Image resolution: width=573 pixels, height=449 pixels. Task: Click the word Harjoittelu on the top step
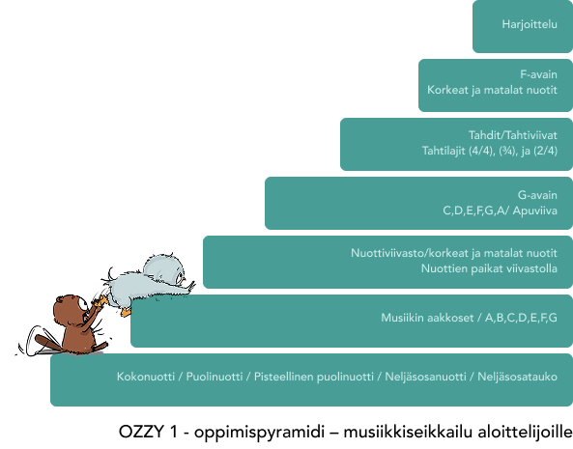[x=530, y=24]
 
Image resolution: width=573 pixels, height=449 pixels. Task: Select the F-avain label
[x=538, y=74]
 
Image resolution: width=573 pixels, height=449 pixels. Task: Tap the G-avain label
[x=537, y=195]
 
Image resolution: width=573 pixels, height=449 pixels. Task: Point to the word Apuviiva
[x=535, y=211]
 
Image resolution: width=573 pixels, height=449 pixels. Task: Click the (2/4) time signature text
[x=546, y=151]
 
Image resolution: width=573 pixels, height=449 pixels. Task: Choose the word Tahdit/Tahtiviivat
[x=513, y=135]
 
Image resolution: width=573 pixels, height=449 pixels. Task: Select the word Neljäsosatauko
[x=518, y=377]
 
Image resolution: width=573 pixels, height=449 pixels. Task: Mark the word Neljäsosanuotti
[x=426, y=377]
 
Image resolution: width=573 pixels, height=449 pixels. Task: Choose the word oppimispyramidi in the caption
[x=259, y=433]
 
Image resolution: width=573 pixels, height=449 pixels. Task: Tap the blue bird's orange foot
[x=126, y=312]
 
